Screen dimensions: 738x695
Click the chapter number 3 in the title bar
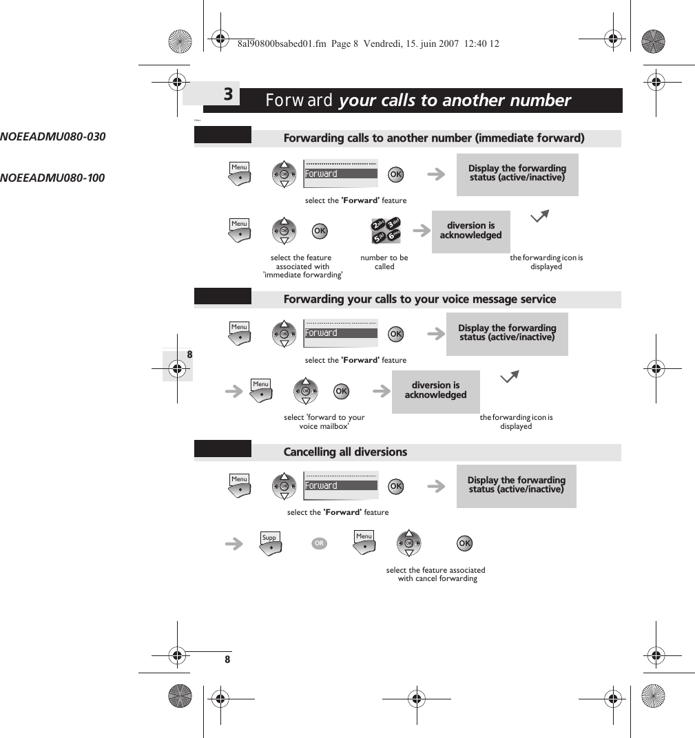[228, 94]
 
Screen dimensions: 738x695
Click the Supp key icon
[271, 542]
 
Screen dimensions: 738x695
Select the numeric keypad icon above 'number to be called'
[386, 231]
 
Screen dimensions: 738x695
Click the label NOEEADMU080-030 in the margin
[53, 136]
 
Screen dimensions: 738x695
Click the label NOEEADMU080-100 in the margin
[53, 178]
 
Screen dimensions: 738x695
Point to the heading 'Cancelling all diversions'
[345, 452]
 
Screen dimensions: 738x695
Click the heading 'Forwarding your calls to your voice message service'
[419, 299]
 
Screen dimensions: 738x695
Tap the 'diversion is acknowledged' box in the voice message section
[435, 391]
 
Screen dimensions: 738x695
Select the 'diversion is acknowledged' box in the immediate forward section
[470, 231]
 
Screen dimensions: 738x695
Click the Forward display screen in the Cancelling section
[341, 485]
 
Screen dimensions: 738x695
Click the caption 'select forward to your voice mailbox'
[324, 421]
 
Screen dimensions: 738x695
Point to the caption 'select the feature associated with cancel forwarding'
[436, 574]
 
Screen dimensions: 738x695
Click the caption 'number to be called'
[384, 262]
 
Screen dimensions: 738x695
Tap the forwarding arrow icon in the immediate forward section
[541, 218]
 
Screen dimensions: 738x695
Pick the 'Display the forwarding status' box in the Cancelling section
[516, 485]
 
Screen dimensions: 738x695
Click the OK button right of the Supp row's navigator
[465, 544]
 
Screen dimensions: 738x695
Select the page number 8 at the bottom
[227, 660]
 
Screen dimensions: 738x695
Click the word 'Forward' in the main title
[299, 101]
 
